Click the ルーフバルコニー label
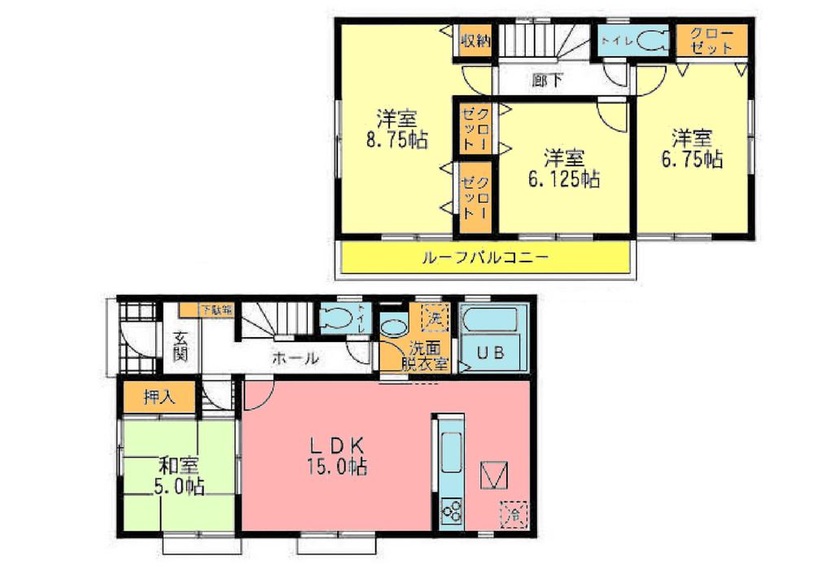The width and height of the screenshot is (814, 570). pyautogui.click(x=485, y=258)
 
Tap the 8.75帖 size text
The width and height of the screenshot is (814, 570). pyautogui.click(x=396, y=139)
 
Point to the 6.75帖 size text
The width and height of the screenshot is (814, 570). pyautogui.click(x=692, y=159)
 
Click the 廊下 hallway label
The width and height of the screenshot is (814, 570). pyautogui.click(x=546, y=80)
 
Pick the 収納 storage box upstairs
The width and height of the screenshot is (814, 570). pyautogui.click(x=474, y=41)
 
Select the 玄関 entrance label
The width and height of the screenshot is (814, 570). pyautogui.click(x=181, y=348)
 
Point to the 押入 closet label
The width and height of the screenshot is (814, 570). pyautogui.click(x=157, y=397)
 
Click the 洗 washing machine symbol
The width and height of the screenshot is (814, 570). pyautogui.click(x=433, y=316)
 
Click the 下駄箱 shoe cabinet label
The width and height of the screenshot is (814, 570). pyautogui.click(x=216, y=309)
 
